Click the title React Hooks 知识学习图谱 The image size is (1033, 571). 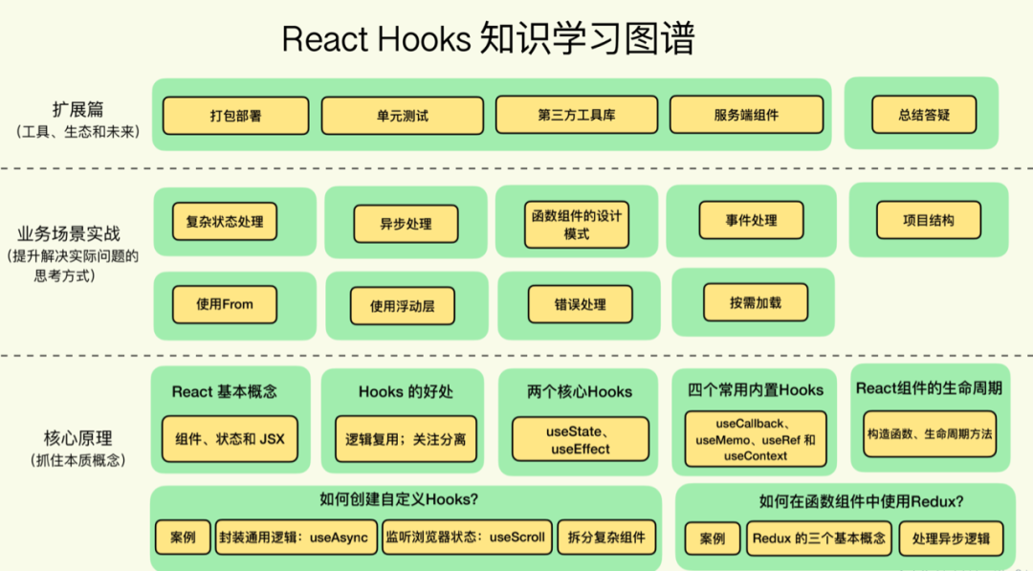(x=488, y=39)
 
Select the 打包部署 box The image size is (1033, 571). (x=235, y=116)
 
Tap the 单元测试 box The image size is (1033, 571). (x=402, y=116)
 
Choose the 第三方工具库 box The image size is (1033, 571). (x=576, y=116)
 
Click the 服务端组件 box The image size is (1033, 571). (x=746, y=116)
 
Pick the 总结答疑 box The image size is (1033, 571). (x=924, y=116)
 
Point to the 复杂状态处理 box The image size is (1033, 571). (x=225, y=221)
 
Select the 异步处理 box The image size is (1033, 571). (x=406, y=224)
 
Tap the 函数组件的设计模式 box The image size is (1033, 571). (x=576, y=224)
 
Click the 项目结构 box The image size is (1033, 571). (x=928, y=220)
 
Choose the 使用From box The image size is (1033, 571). (x=225, y=304)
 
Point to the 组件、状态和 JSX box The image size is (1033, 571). (x=230, y=440)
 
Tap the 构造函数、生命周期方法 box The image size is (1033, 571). (x=929, y=433)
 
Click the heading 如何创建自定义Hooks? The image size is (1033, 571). (x=399, y=499)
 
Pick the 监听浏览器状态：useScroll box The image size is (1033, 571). (x=465, y=538)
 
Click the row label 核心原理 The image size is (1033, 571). (x=78, y=438)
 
